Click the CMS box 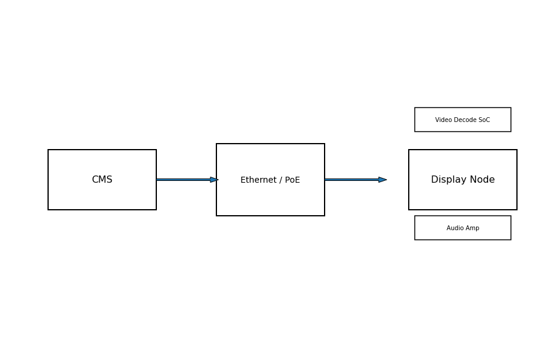pyautogui.click(x=102, y=180)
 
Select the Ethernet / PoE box pyautogui.click(x=270, y=180)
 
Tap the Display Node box pyautogui.click(x=463, y=180)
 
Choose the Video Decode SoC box pyautogui.click(x=463, y=120)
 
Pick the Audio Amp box pyautogui.click(x=463, y=228)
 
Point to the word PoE pyautogui.click(x=293, y=180)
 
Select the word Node pyautogui.click(x=483, y=180)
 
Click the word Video pyautogui.click(x=442, y=120)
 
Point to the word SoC pyautogui.click(x=484, y=120)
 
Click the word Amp pyautogui.click(x=472, y=228)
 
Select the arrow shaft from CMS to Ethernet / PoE pyautogui.click(x=183, y=180)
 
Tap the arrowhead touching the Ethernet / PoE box pyautogui.click(x=214, y=180)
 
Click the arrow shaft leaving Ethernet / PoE pyautogui.click(x=352, y=180)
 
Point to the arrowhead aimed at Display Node pyautogui.click(x=383, y=180)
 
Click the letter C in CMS pyautogui.click(x=95, y=180)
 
